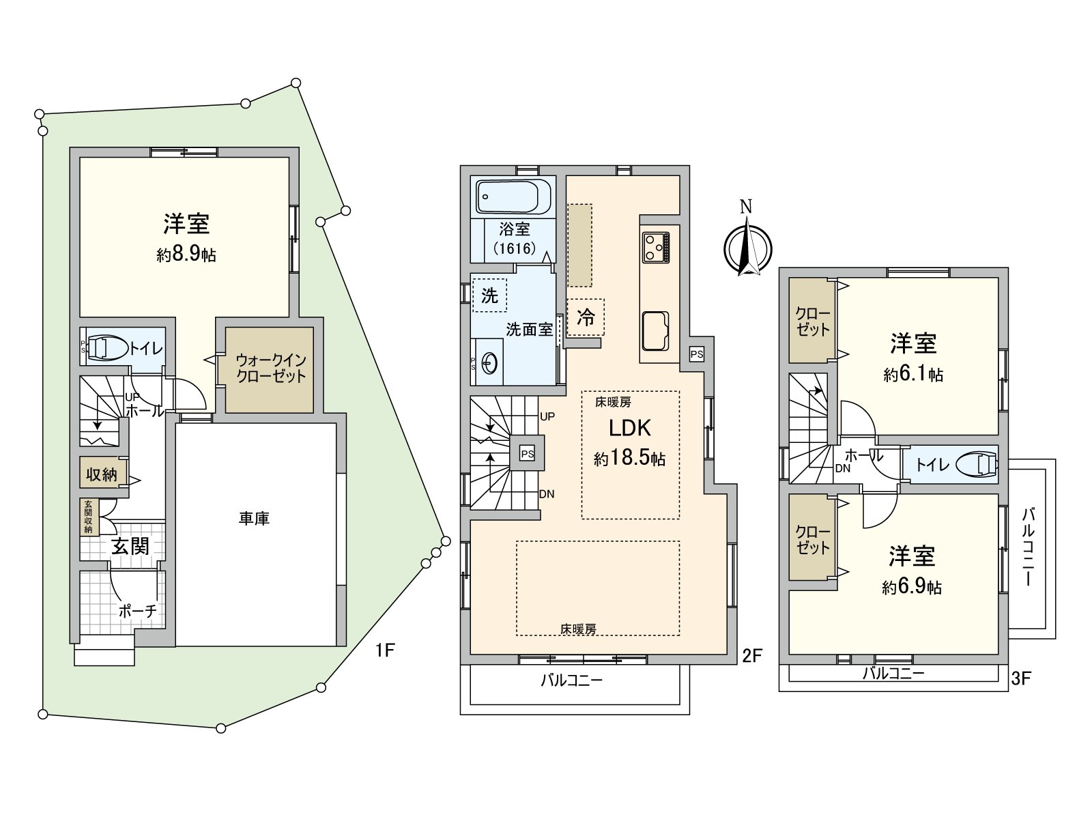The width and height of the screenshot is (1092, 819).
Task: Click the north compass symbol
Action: coord(747,244)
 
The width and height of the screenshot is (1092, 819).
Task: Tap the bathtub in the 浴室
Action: coord(513,197)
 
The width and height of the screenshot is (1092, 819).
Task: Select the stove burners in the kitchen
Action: coord(655,247)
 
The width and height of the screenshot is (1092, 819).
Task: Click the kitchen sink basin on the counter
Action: coord(655,331)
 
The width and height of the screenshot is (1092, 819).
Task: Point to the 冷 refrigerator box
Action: coord(586,317)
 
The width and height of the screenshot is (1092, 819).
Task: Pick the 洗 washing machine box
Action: coord(489,296)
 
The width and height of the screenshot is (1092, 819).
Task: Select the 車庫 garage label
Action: coord(254,519)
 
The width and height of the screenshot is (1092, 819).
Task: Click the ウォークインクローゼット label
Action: coord(270,368)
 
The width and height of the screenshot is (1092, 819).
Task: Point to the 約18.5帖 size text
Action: coord(629,458)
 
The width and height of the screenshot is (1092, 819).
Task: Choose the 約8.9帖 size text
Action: coord(186,255)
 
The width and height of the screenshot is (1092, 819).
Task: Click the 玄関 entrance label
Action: coord(130,547)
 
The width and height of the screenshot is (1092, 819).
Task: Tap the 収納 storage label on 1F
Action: coord(102,474)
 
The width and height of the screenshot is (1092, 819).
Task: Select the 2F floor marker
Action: coord(751,656)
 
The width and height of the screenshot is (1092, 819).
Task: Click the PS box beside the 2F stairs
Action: coord(528,453)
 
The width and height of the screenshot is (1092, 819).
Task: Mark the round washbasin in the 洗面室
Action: coord(489,364)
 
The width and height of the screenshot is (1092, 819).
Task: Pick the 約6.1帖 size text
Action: coord(913,374)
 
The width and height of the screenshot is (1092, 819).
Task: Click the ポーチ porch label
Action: coord(138,611)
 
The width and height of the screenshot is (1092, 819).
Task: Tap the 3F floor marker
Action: coord(1021,678)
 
